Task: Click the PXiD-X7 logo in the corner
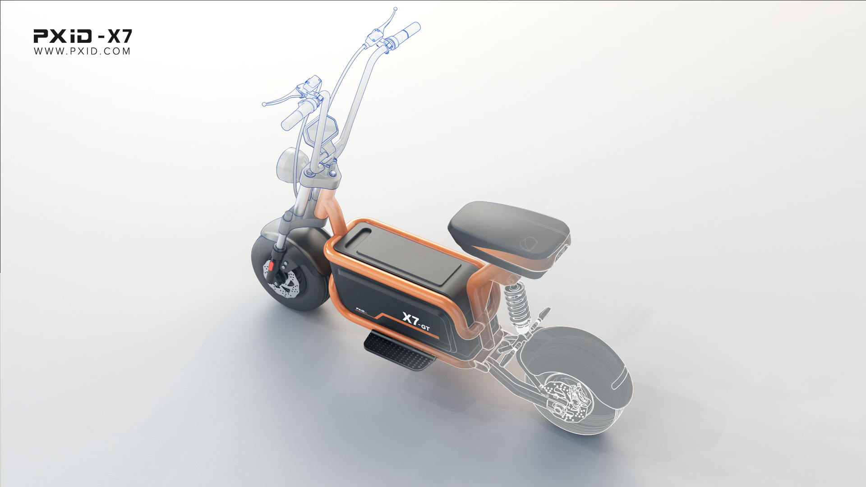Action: pyautogui.click(x=83, y=36)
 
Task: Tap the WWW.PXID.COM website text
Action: pyautogui.click(x=82, y=51)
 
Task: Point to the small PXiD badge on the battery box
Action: pyautogui.click(x=361, y=310)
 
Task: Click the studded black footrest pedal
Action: pyautogui.click(x=399, y=352)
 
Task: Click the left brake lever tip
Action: pyautogui.click(x=265, y=104)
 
